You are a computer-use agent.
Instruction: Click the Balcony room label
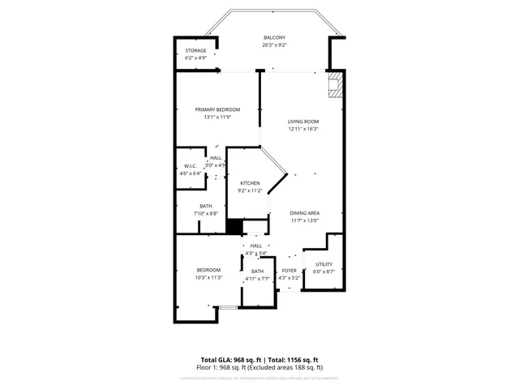[x=274, y=38]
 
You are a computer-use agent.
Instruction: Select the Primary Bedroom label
[x=217, y=109]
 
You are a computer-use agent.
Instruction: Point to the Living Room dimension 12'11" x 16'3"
[x=303, y=129]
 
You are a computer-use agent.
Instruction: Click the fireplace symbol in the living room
[x=335, y=85]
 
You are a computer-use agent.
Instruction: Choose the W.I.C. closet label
[x=191, y=166]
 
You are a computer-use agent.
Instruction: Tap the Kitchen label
[x=250, y=183]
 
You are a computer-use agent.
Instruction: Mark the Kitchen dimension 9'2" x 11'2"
[x=250, y=190]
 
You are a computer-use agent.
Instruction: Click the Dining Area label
[x=305, y=212]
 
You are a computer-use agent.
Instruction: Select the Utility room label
[x=324, y=264]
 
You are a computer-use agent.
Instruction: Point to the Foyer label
[x=289, y=271]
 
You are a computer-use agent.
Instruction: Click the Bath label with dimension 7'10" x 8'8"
[x=206, y=206]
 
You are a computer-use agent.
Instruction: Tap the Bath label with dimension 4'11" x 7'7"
[x=257, y=271]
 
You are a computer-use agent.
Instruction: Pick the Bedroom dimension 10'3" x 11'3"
[x=208, y=277]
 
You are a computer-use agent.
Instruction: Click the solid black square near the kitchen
[x=235, y=227]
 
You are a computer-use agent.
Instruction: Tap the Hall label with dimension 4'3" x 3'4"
[x=256, y=246]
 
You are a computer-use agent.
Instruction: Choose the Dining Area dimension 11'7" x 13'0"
[x=305, y=220]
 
